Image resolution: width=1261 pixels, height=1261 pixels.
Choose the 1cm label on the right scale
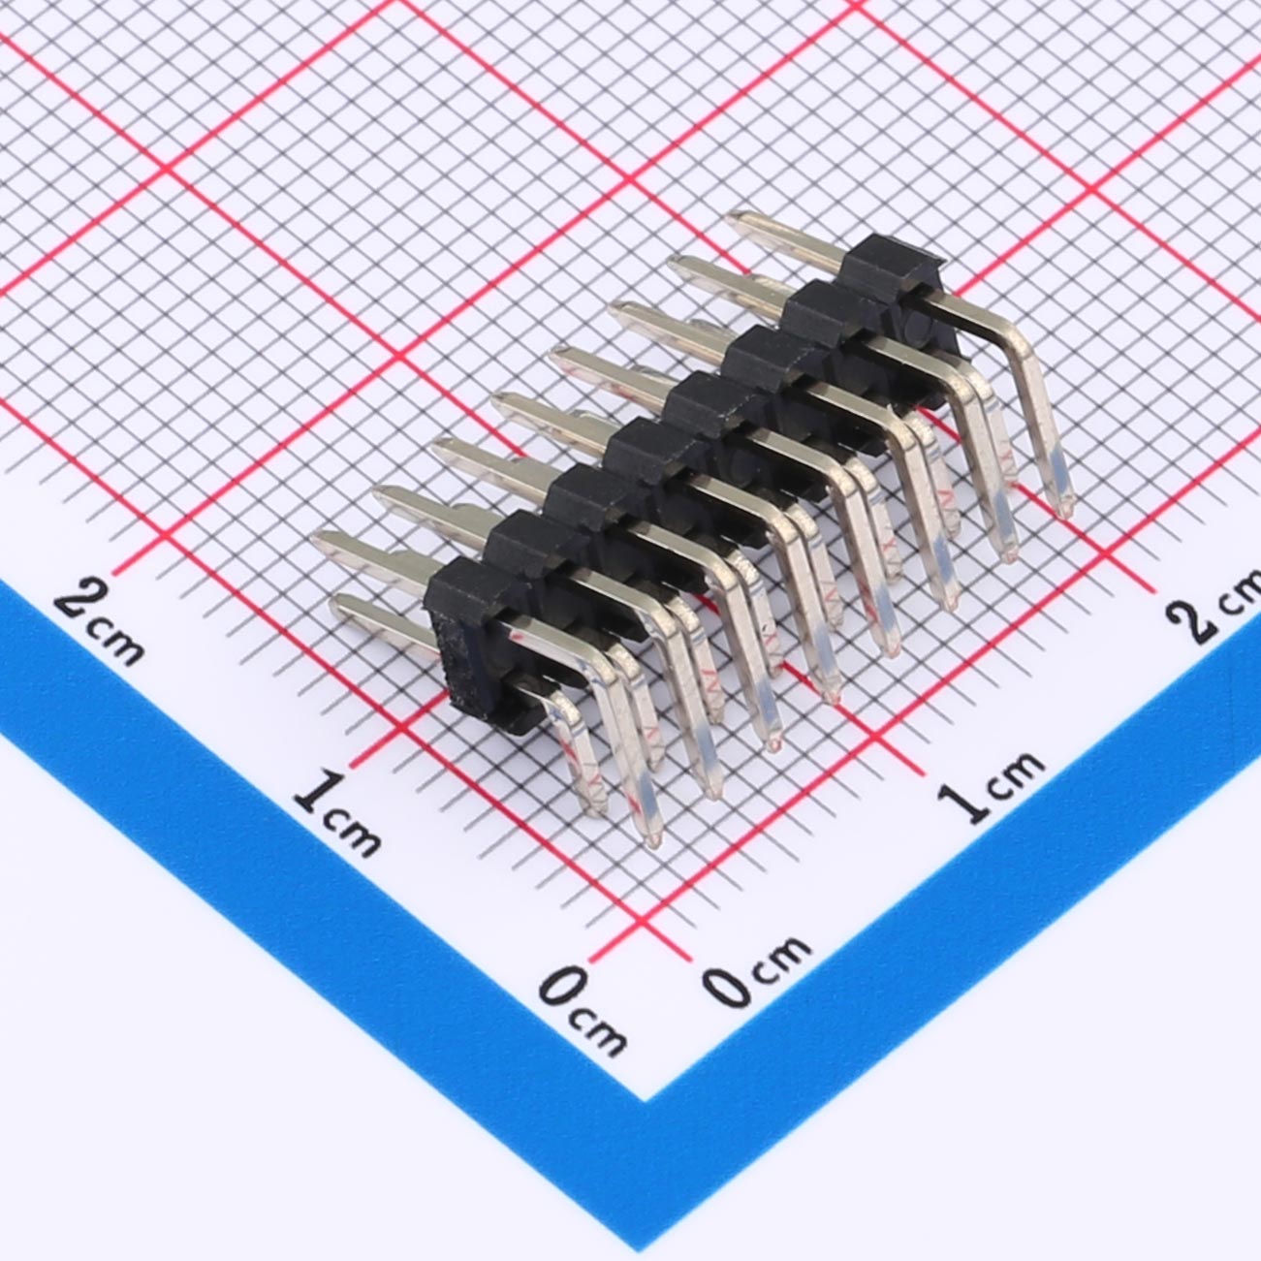coord(990,786)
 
